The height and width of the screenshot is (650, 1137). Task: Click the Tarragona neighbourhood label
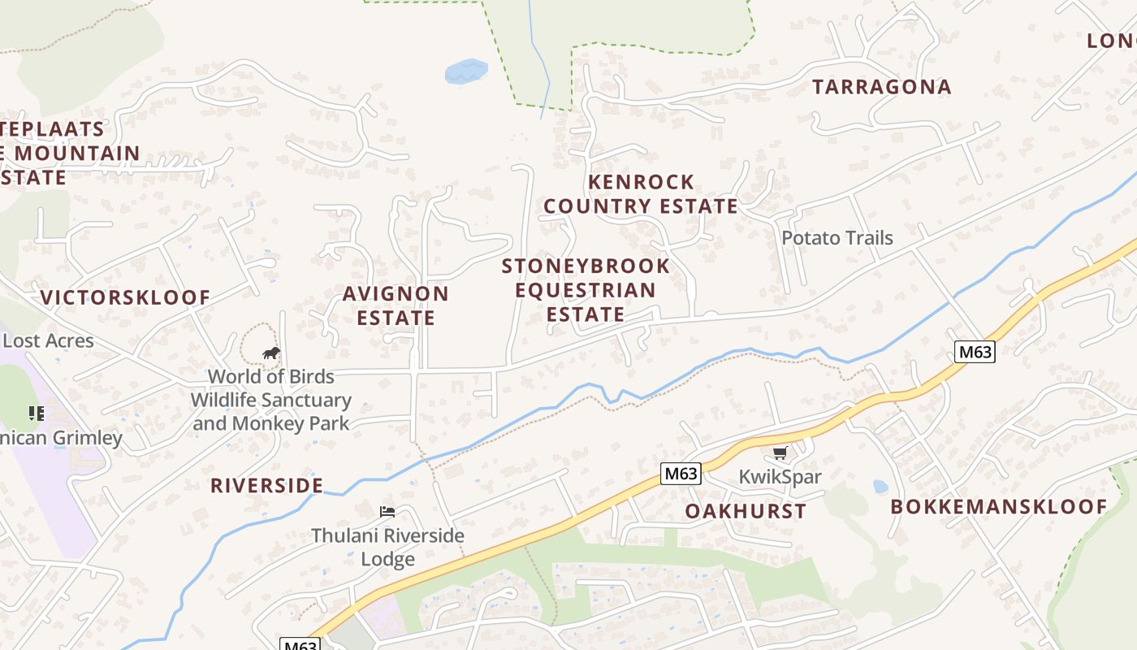881,87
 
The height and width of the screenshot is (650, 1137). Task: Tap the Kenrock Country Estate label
641,193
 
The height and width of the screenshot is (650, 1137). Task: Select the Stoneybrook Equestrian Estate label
586,290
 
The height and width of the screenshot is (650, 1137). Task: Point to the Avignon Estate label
396,305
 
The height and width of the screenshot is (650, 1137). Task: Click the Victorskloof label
126,297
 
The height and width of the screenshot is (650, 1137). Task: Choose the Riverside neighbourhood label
266,486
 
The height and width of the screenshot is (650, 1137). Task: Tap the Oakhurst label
746,511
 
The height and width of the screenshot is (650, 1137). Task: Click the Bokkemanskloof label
999,507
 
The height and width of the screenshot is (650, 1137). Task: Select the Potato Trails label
837,238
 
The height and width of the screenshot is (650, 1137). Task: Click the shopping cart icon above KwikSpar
780,453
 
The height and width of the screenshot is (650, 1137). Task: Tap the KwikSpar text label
780,476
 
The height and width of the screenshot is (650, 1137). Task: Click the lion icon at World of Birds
271,353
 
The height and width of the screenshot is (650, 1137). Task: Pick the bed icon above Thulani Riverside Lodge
387,512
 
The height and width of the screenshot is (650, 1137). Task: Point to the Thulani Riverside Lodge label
388,547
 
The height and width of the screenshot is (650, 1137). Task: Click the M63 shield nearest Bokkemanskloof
974,352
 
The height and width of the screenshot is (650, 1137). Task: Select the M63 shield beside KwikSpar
680,474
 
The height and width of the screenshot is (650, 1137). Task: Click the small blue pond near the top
466,71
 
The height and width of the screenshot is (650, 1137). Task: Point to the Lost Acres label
48,340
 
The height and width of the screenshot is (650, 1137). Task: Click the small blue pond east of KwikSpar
880,487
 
